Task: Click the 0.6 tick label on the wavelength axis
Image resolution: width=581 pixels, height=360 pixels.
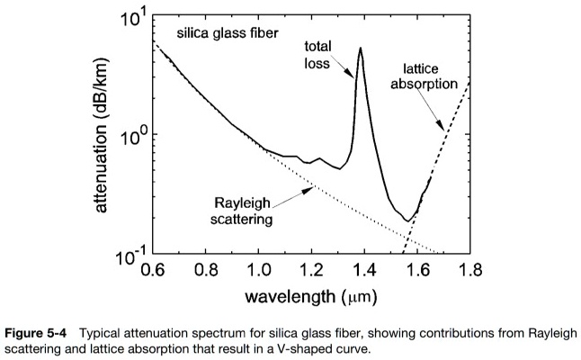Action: pyautogui.click(x=155, y=270)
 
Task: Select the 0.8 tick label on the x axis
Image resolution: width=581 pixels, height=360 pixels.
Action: pyautogui.click(x=207, y=270)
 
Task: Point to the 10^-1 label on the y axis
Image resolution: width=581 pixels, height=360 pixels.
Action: pyautogui.click(x=127, y=257)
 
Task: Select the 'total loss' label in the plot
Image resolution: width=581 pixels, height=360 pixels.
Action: pyautogui.click(x=319, y=55)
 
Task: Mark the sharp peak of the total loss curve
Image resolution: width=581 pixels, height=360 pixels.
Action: pyautogui.click(x=361, y=49)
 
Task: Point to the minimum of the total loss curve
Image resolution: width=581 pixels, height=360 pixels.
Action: pyautogui.click(x=408, y=220)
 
